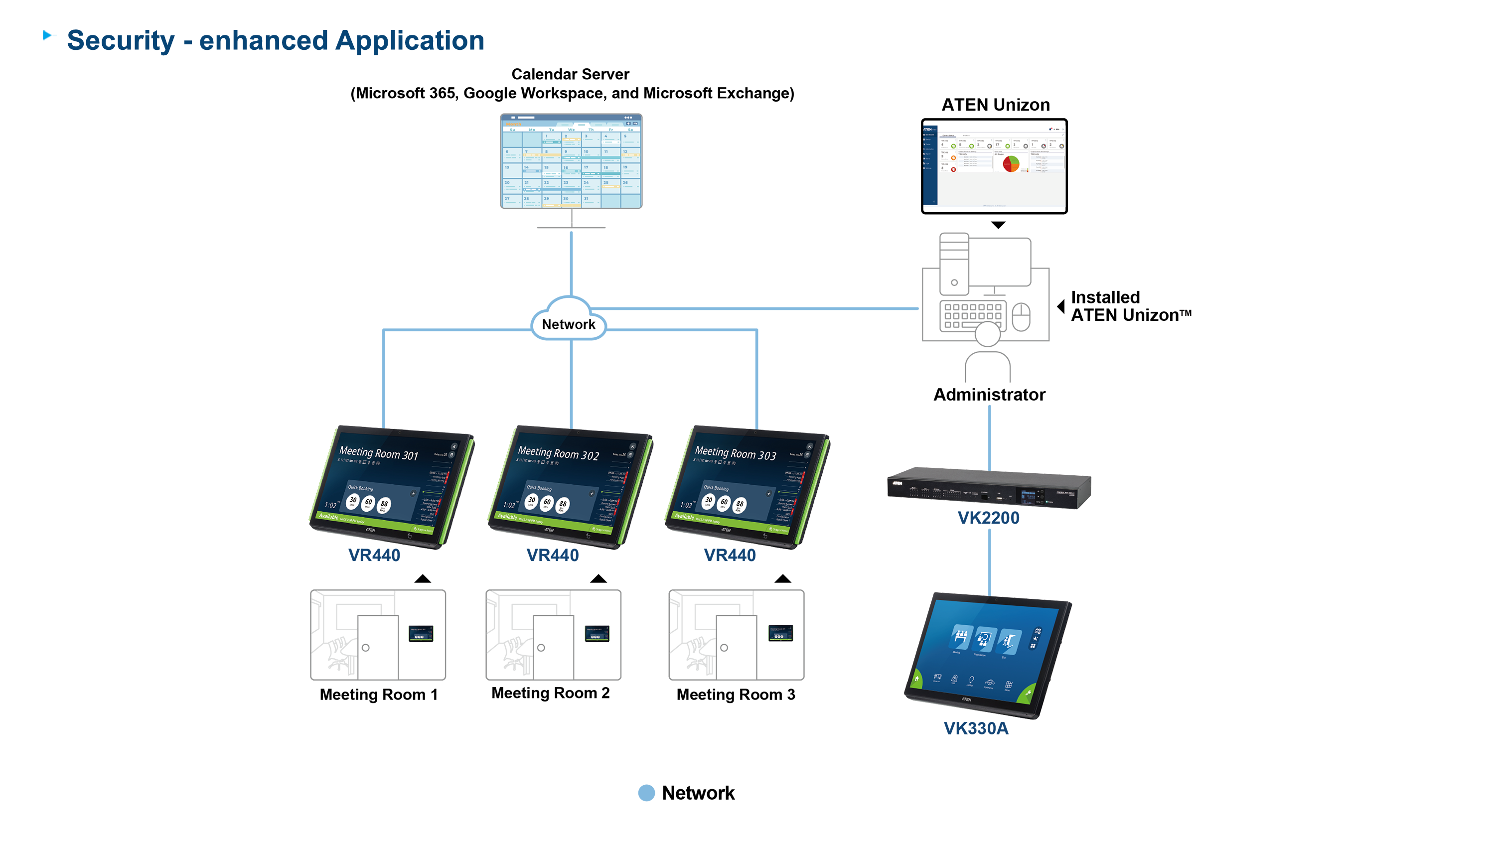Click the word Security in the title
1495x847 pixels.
[121, 41]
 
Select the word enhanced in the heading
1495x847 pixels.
[264, 41]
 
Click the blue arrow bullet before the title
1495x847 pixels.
[49, 35]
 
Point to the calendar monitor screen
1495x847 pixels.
[571, 163]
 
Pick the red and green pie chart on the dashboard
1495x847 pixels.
[1011, 163]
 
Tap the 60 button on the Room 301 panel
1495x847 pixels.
[368, 502]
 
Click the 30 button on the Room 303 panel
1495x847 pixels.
[708, 500]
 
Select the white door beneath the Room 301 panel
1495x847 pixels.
[378, 647]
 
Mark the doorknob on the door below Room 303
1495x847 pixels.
[724, 648]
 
